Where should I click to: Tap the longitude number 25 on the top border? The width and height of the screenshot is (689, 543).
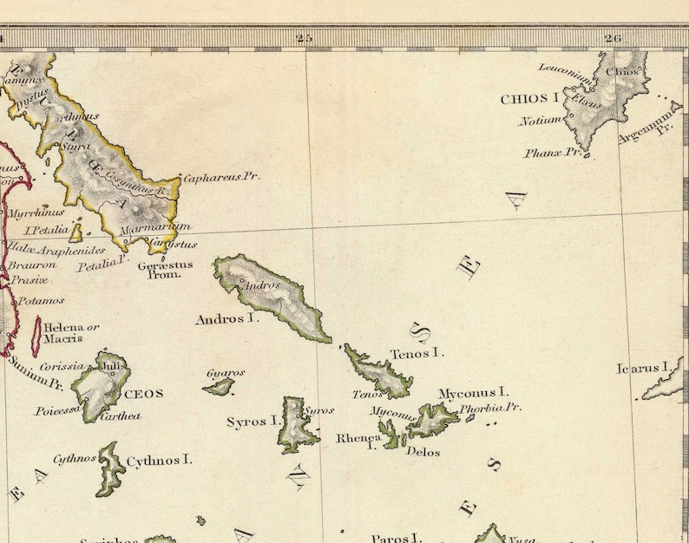pos(303,37)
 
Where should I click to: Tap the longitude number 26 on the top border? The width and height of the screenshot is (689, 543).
pos(614,37)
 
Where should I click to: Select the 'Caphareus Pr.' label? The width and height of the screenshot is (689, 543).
pos(221,176)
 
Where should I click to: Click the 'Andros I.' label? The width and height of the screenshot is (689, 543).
pos(227,319)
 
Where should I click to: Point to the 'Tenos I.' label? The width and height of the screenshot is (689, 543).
pos(417,353)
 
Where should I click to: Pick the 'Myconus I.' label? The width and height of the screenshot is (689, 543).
pos(473,393)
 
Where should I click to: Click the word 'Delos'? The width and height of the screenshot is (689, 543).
pos(423,452)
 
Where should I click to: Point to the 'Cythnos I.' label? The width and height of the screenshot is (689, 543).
pos(160,460)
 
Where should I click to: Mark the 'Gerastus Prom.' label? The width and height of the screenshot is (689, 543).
pos(165,269)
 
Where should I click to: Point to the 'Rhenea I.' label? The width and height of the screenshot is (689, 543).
pos(358,441)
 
